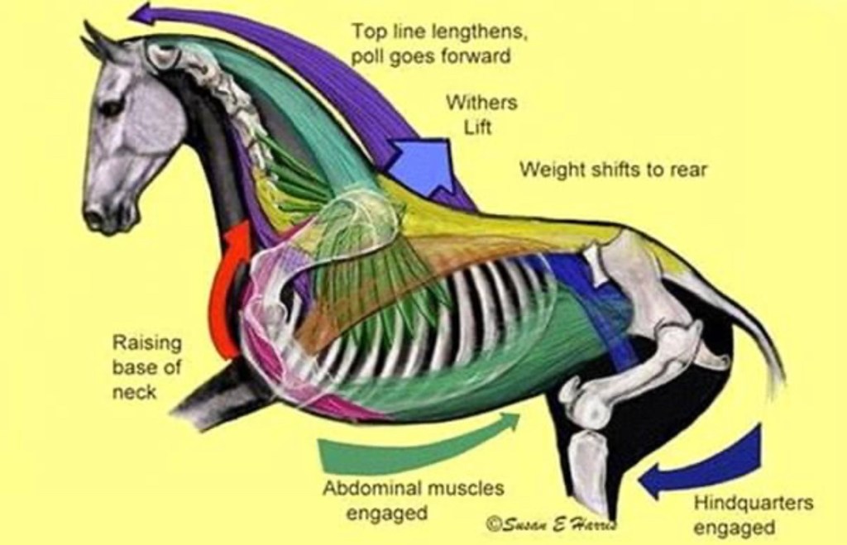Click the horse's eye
pyautogui.click(x=110, y=108)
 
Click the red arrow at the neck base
pyautogui.click(x=229, y=289)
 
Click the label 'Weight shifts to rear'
pyautogui.click(x=613, y=170)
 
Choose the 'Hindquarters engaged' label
pyautogui.click(x=753, y=514)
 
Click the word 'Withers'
pyautogui.click(x=482, y=103)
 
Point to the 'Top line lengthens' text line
pyautogui.click(x=439, y=33)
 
